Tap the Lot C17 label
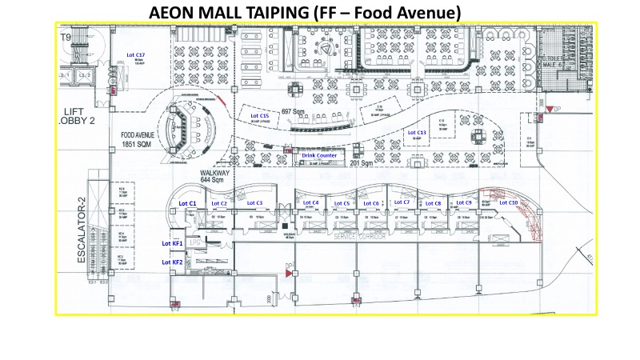coord(135,54)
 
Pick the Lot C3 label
coord(254,204)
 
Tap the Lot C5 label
coord(342,204)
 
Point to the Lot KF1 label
coord(173,242)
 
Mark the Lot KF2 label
coord(173,262)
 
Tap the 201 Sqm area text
coord(362,163)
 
